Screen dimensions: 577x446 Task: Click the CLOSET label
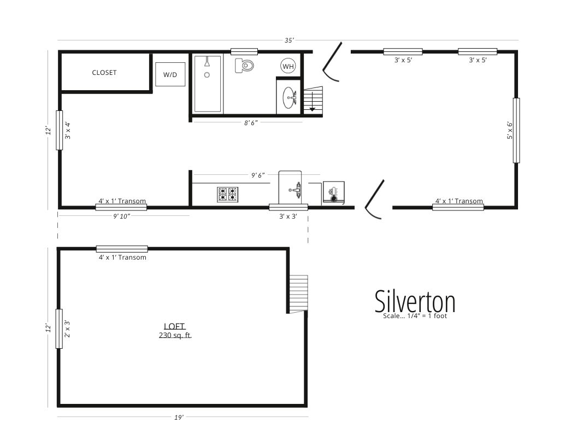click(x=104, y=73)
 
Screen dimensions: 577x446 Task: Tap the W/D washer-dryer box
click(x=170, y=74)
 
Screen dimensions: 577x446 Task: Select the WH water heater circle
click(x=288, y=66)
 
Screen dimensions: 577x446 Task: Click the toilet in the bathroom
click(x=244, y=66)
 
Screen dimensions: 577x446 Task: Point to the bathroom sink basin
click(x=289, y=98)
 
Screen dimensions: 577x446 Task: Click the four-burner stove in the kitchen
click(x=227, y=194)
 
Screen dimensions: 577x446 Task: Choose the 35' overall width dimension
click(x=289, y=40)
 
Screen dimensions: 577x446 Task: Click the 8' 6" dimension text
click(x=251, y=122)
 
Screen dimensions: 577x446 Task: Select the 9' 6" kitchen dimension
click(x=258, y=175)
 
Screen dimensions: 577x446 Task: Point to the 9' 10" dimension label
click(x=122, y=216)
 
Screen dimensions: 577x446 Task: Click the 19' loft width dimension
click(x=179, y=417)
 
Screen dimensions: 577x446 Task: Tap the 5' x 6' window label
click(x=510, y=130)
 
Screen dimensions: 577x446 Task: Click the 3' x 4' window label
click(x=68, y=130)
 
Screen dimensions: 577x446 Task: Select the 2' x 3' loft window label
click(x=67, y=328)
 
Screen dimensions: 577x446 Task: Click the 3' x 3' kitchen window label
click(x=288, y=216)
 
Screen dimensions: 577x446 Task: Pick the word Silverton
click(x=415, y=301)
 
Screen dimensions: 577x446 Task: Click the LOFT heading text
click(x=175, y=326)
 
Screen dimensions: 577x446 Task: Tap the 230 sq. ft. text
click(x=175, y=335)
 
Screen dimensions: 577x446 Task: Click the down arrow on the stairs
click(x=312, y=102)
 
